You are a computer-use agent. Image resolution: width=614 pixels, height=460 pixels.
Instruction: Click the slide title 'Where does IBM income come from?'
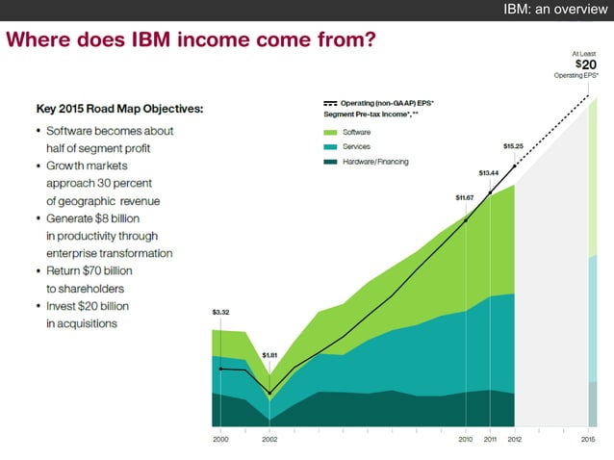click(x=190, y=41)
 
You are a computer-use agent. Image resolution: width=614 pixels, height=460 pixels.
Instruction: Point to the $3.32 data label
click(x=219, y=312)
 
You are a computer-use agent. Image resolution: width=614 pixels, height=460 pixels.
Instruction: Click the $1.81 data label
click(x=269, y=355)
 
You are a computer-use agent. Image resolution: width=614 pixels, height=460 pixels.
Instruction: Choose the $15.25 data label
click(x=514, y=146)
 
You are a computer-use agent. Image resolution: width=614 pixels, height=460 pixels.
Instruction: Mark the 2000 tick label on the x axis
click(x=219, y=439)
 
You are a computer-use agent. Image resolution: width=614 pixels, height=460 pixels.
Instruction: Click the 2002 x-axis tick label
click(x=269, y=439)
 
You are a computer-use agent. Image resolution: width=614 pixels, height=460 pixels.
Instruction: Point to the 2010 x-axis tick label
click(x=465, y=439)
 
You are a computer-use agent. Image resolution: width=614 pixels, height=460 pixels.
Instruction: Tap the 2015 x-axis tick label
click(x=588, y=439)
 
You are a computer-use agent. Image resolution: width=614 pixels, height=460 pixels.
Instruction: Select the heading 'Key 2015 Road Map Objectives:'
click(x=119, y=108)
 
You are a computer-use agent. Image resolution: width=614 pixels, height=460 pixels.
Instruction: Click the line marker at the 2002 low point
click(x=269, y=393)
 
